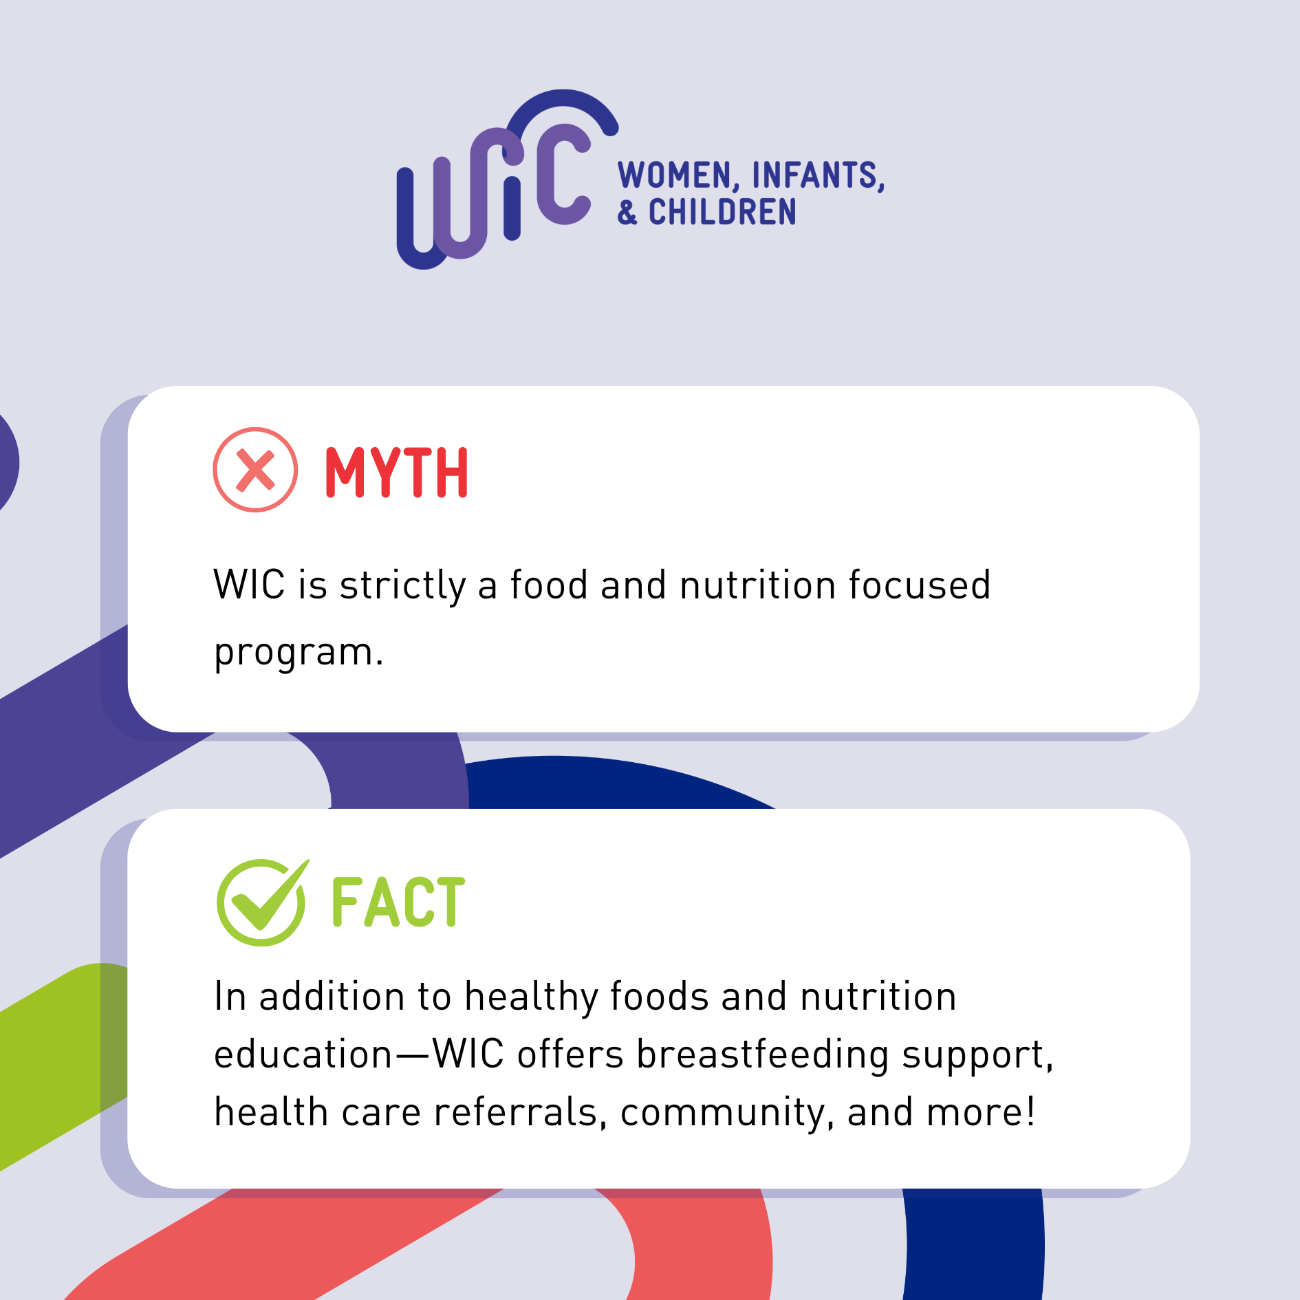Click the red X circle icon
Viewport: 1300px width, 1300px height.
tap(255, 470)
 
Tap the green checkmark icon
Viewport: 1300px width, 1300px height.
tap(262, 902)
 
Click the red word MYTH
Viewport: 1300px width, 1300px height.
tap(397, 472)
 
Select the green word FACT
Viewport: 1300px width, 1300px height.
tap(398, 901)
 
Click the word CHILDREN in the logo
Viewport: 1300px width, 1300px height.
tap(722, 212)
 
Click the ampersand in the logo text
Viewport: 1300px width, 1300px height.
tap(627, 212)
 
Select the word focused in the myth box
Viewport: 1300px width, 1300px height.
tap(919, 585)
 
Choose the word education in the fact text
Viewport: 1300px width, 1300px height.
tap(303, 1054)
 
